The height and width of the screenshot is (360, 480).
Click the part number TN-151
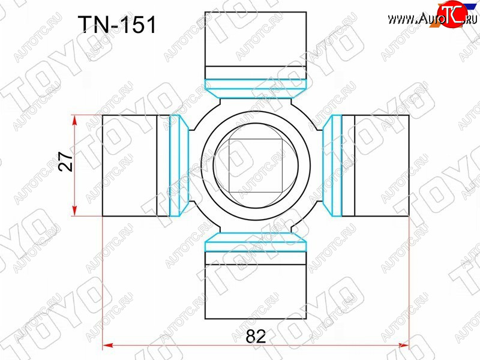[117, 25]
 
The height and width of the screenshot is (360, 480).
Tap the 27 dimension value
[67, 161]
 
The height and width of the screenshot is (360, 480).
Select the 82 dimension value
[256, 337]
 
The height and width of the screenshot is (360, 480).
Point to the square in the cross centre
[256, 166]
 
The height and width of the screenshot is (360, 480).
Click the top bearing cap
[256, 46]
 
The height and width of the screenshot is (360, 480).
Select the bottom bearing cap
[256, 285]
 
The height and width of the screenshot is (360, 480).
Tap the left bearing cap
[136, 166]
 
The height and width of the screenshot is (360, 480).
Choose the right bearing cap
[375, 166]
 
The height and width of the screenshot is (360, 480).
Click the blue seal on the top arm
[256, 89]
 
